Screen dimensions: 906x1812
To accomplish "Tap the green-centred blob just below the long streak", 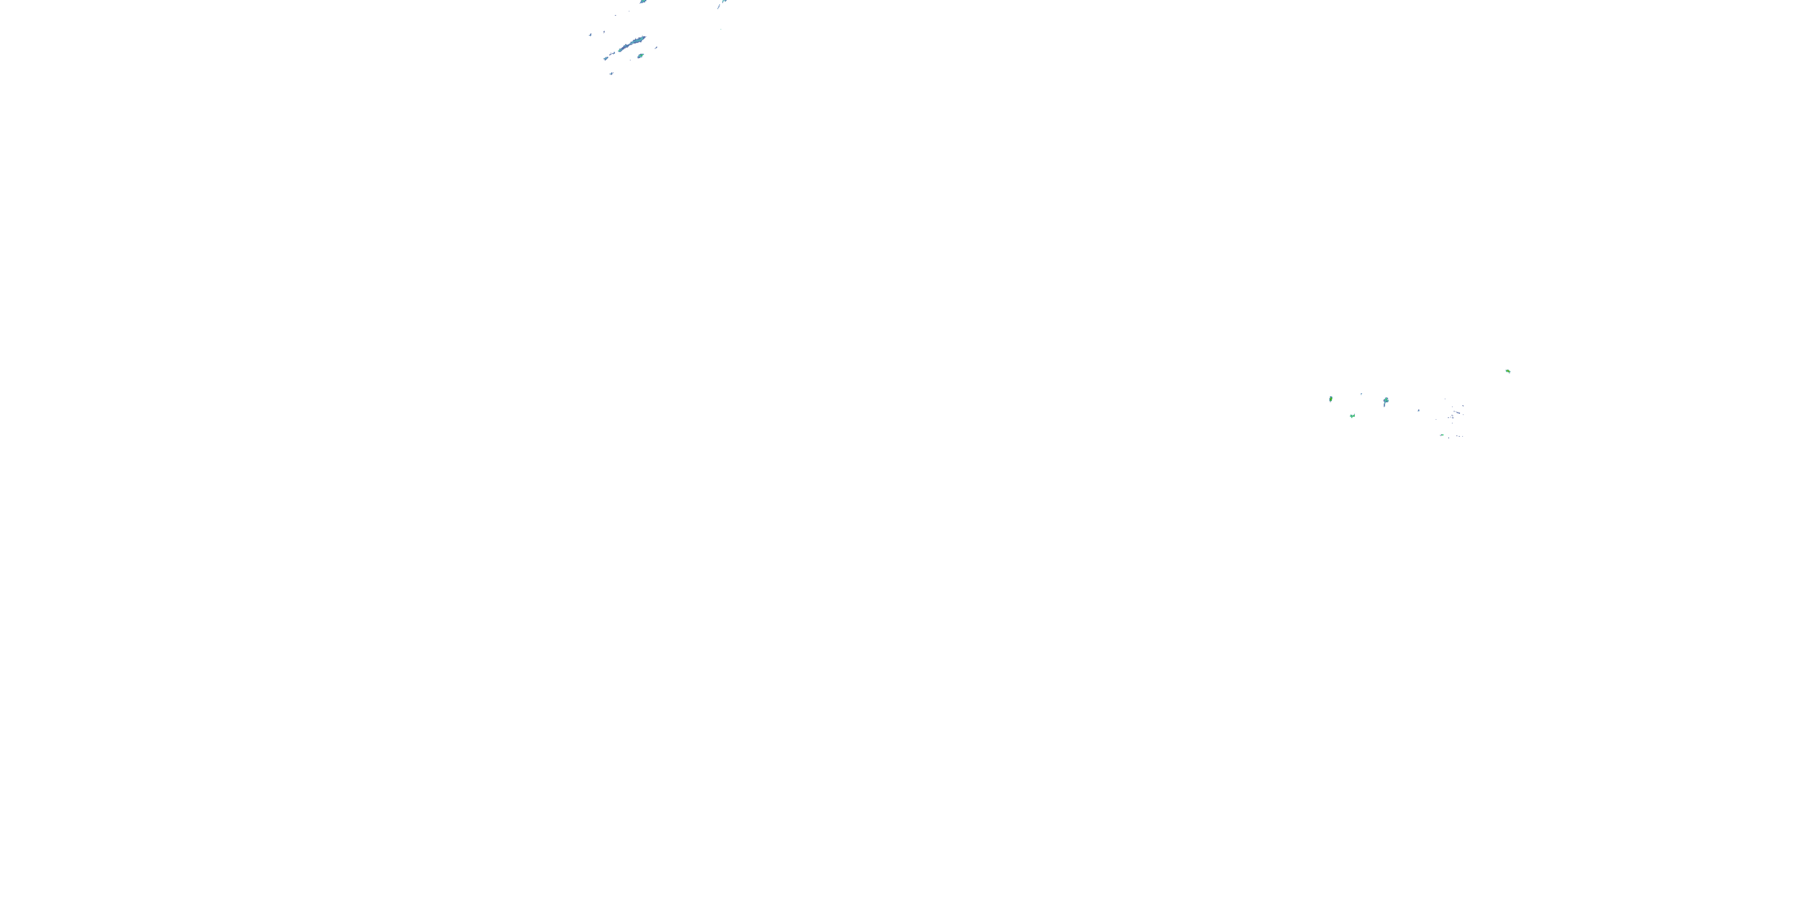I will tap(640, 56).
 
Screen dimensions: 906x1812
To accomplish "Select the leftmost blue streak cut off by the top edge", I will tap(643, 1).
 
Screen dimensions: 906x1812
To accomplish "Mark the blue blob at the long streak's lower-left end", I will tap(606, 59).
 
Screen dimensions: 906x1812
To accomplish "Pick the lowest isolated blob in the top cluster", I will tap(611, 73).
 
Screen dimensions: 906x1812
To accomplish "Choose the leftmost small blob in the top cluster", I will tap(590, 34).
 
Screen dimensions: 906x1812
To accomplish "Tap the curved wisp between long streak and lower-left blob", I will tap(614, 52).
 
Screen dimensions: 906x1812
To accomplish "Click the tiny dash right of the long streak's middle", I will tap(657, 47).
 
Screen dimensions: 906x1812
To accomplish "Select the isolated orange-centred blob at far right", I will tap(1508, 371).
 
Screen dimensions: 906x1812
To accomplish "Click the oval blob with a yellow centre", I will tap(1330, 399).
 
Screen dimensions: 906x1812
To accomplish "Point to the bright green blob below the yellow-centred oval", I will tap(1352, 416).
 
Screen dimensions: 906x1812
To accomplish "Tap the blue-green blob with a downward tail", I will tap(1386, 401).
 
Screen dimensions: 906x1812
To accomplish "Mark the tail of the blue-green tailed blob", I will tap(1385, 406).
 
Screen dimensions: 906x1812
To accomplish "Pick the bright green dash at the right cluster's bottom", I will tap(1442, 435).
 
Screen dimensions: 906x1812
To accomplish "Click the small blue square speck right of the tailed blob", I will tap(1418, 410).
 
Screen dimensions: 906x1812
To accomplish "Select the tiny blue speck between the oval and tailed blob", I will tap(1361, 394).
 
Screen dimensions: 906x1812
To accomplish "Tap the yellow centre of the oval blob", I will tap(1330, 398).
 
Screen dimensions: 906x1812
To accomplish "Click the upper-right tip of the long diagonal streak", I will tap(644, 37).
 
